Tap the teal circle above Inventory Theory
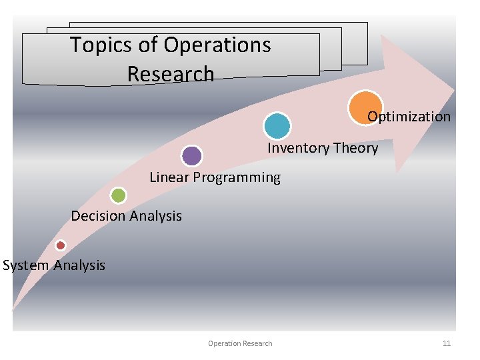[x=277, y=126]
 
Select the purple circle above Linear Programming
[x=192, y=156]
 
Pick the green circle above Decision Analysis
[x=118, y=195]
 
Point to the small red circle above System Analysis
[x=61, y=245]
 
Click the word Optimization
[x=409, y=117]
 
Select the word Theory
[x=355, y=148]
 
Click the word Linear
[x=169, y=177]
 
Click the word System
[x=25, y=265]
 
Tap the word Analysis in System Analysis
[x=79, y=265]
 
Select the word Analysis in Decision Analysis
[x=155, y=216]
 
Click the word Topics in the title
[x=103, y=45]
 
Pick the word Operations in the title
[x=217, y=45]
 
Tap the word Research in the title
[x=171, y=74]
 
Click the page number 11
[x=447, y=343]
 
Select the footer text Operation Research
[x=240, y=343]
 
